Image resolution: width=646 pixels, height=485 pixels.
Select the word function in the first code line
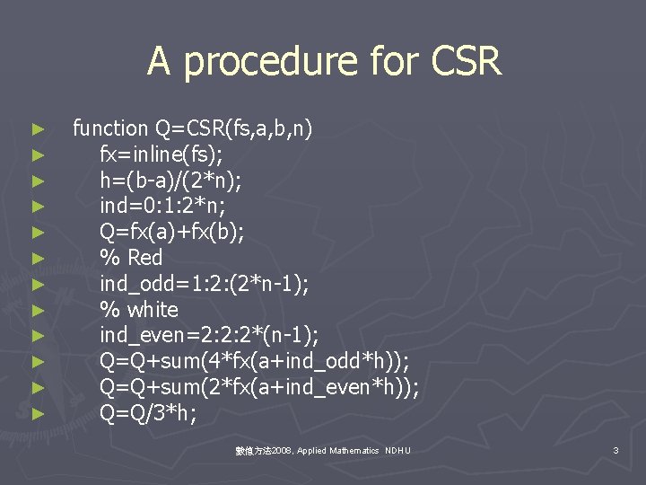point(109,128)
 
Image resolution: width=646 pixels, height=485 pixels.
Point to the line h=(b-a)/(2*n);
point(172,181)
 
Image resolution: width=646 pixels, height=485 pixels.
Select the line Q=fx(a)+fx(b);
point(171,233)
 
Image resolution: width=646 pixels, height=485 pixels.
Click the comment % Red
point(131,258)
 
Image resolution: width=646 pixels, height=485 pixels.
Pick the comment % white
point(139,310)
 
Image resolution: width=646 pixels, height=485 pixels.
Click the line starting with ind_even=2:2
point(209,336)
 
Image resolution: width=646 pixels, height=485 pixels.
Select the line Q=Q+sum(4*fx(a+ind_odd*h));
point(254,362)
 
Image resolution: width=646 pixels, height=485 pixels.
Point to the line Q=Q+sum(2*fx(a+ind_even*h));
point(259,388)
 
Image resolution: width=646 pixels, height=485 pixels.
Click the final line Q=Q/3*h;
point(148,414)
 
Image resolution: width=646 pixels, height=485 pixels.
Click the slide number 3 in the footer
point(615,449)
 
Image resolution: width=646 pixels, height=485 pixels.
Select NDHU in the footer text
point(397,450)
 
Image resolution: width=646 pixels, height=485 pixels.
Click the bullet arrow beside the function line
point(37,129)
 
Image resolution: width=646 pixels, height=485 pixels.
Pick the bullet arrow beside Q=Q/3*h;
point(37,415)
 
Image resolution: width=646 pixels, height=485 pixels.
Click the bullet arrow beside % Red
point(37,259)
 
